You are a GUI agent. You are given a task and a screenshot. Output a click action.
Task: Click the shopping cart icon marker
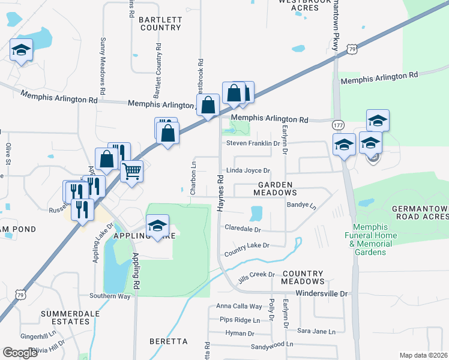131,171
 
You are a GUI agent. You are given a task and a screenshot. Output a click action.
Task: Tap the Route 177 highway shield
337,124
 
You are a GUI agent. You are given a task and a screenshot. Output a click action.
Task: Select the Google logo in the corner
20,353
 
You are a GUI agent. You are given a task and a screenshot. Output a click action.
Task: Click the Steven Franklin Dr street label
253,143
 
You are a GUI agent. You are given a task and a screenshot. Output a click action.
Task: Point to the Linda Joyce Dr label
249,171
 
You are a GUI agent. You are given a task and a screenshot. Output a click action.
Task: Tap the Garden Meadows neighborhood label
275,189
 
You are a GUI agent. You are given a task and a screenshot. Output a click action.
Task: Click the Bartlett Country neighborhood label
160,23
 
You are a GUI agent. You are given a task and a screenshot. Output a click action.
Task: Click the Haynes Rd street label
220,192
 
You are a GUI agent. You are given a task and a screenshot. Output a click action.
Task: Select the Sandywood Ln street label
272,345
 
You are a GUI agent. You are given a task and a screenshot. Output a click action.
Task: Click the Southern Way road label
109,296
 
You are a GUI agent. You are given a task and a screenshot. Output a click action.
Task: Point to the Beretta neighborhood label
169,341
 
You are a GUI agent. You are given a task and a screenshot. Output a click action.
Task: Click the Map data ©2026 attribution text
424,355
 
